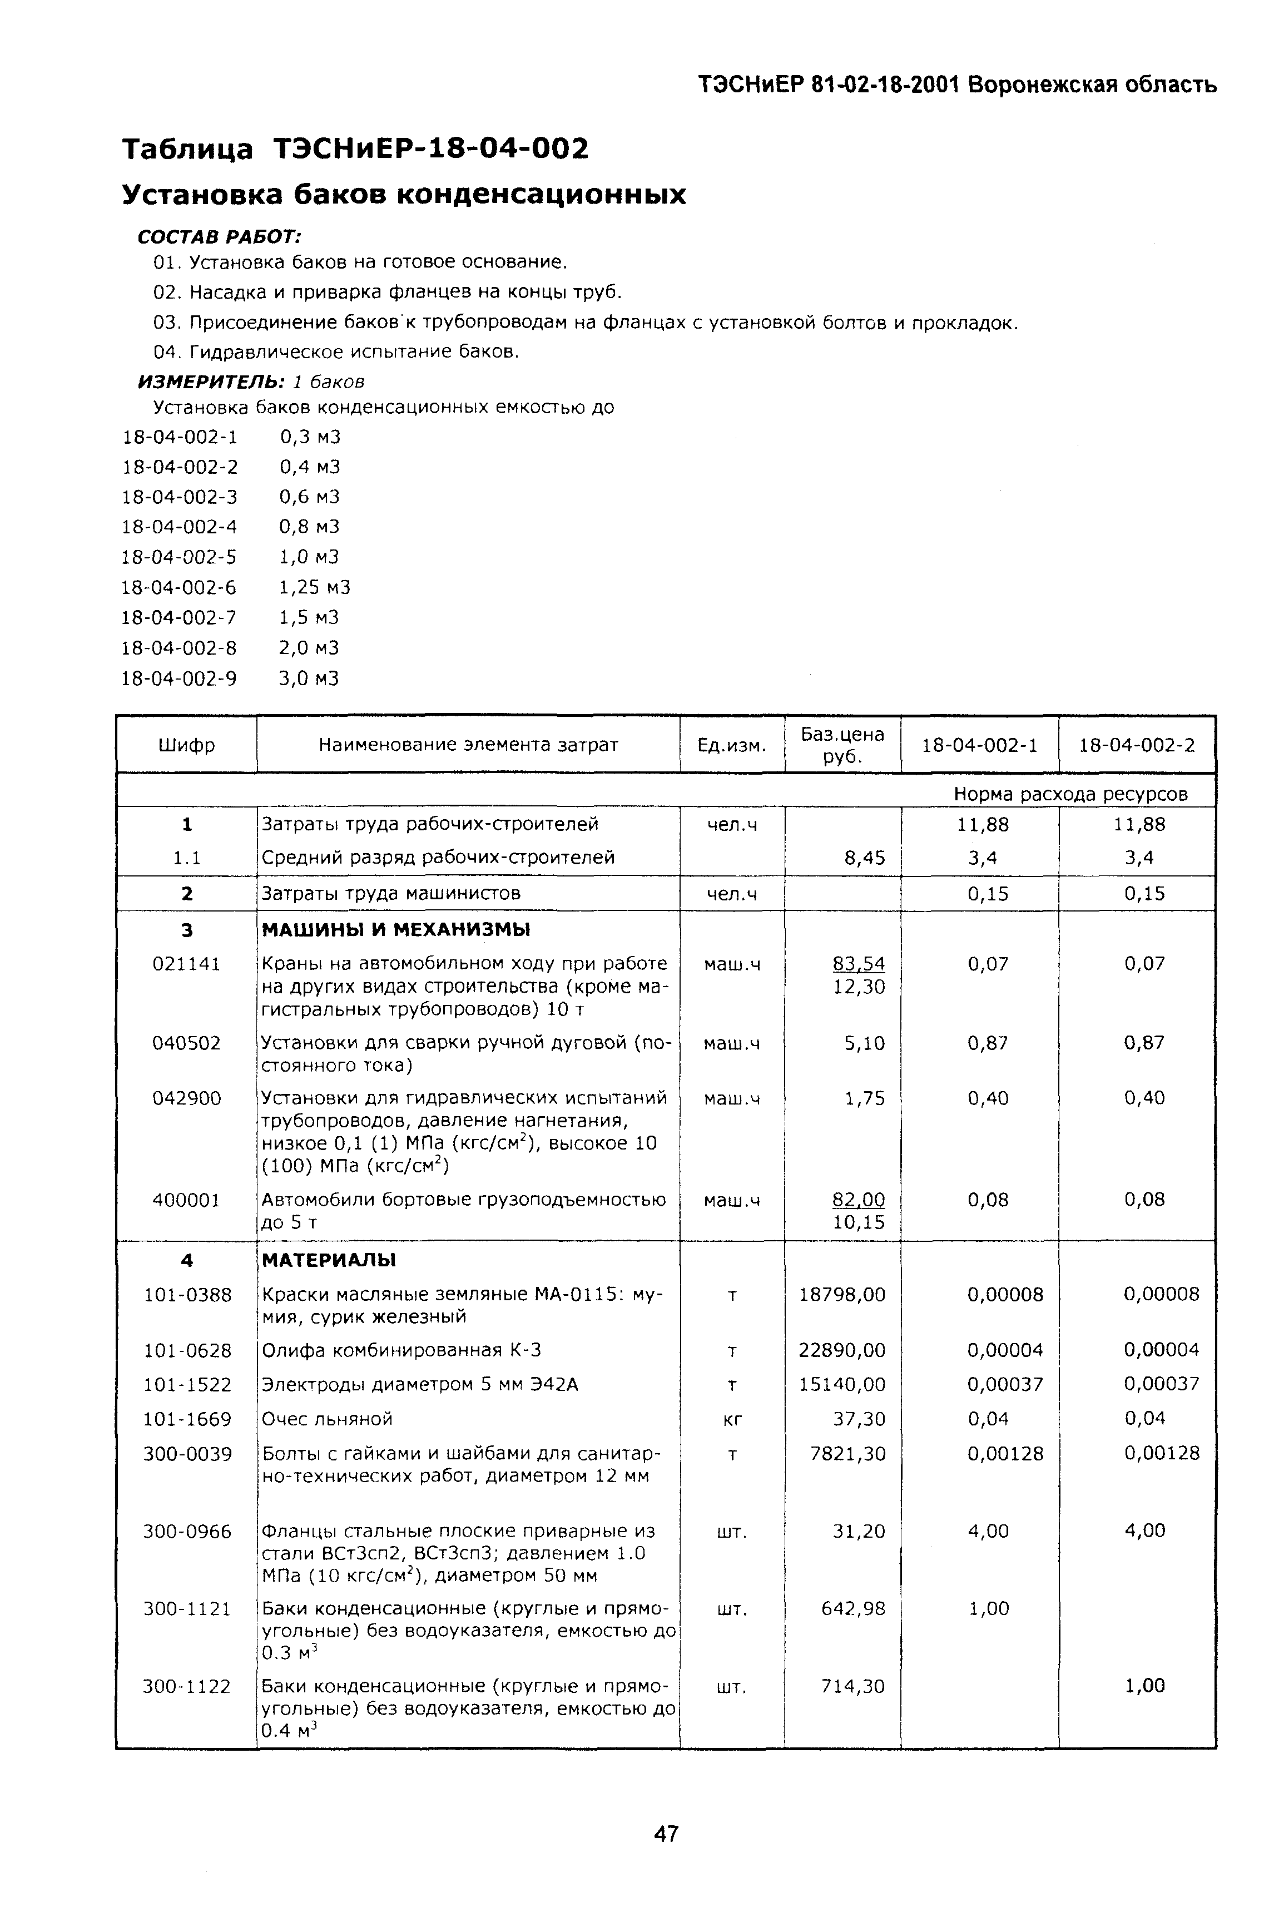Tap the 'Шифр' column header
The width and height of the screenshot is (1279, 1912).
[x=187, y=745]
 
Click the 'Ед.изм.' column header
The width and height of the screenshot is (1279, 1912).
[x=732, y=745]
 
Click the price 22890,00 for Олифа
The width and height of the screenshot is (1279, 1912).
[x=842, y=1350]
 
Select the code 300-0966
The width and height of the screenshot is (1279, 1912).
[x=187, y=1531]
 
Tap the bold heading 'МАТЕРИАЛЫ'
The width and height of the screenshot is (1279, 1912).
[x=329, y=1260]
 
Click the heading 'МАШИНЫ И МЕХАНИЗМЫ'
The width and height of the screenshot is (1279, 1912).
[x=395, y=929]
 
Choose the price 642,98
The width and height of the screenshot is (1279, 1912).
[x=852, y=1608]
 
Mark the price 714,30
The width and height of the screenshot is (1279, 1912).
[x=852, y=1686]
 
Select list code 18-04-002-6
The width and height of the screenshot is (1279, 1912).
[x=179, y=587]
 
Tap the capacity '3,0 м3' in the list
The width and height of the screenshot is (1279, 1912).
[x=309, y=678]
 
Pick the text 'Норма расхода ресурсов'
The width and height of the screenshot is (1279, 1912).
[x=1070, y=794]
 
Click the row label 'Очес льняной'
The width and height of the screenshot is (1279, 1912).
[x=327, y=1419]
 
